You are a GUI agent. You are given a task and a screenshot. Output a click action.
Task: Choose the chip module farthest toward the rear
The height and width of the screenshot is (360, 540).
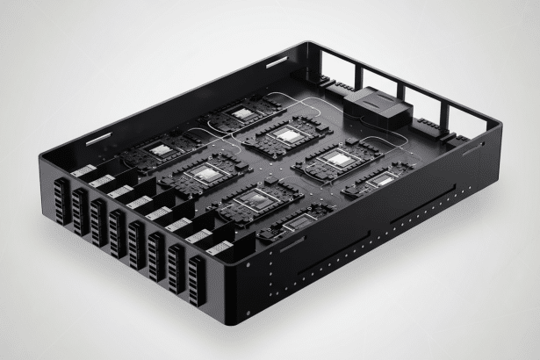pyautogui.click(x=242, y=114)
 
